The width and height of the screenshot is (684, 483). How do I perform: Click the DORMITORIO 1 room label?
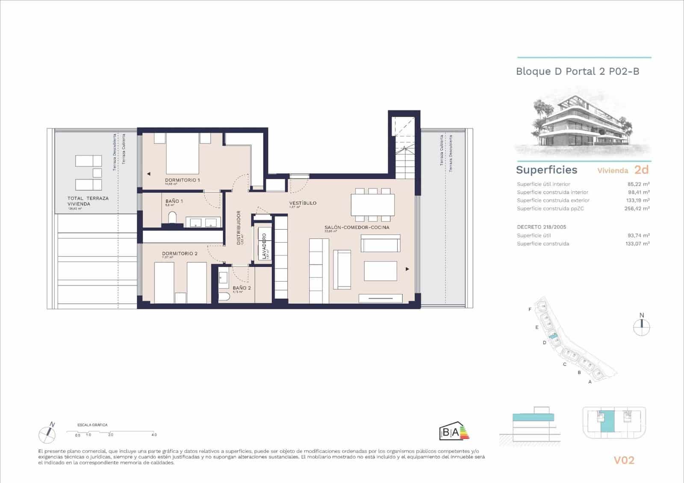coord(183,180)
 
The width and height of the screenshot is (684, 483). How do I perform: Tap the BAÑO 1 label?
coord(174,201)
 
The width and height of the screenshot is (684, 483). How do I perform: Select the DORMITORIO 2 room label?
coord(180,253)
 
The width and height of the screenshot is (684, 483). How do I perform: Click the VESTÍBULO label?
coord(303,203)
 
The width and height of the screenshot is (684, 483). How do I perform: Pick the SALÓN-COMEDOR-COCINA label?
coord(357,227)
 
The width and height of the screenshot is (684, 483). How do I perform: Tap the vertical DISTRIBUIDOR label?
coord(239,227)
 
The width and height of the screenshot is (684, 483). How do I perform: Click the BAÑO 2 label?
coord(242,288)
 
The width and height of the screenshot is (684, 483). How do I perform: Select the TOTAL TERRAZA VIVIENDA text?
coord(88,201)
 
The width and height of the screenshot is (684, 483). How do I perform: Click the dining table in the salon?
coord(372,205)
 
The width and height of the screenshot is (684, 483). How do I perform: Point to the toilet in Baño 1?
coord(172,218)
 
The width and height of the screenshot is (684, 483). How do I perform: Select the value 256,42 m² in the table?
coord(637,209)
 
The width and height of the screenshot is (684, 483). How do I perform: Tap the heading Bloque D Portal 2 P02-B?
coord(578,71)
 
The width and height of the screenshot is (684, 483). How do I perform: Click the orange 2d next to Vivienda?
coord(641,170)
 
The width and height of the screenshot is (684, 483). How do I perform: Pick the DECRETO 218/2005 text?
coord(541,227)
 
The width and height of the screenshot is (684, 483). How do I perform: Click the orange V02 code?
coord(624,460)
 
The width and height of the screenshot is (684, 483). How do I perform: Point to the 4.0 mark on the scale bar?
coord(154,435)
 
